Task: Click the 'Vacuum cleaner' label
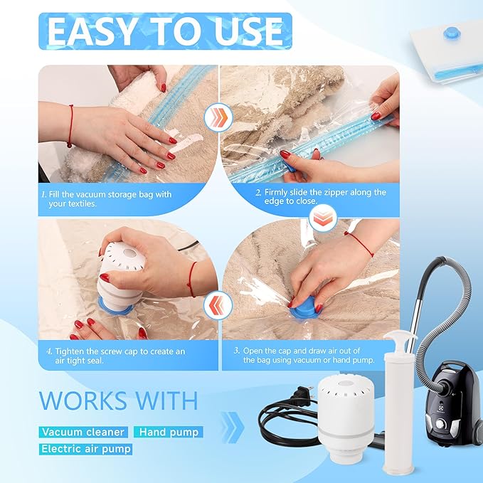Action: click(83, 432)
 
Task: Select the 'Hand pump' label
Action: click(169, 432)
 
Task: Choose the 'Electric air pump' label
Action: click(86, 449)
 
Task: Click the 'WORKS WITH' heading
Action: click(118, 400)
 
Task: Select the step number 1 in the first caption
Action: click(43, 194)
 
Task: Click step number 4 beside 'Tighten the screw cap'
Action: click(49, 351)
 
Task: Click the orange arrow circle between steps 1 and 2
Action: click(218, 117)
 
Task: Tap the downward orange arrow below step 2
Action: click(323, 218)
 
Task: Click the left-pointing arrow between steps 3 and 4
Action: click(218, 305)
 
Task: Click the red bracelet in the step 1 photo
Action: click(70, 126)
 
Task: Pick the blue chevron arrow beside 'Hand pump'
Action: click(233, 428)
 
